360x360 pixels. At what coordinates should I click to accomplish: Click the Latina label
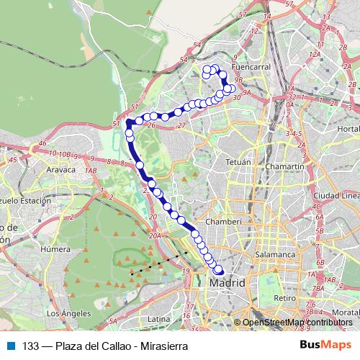point(158,318)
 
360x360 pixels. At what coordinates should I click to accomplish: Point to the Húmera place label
point(55,249)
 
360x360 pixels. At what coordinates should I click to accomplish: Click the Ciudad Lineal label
point(336,195)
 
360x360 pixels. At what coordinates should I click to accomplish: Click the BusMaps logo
point(326,346)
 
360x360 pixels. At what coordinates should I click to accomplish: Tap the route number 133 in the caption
point(31,346)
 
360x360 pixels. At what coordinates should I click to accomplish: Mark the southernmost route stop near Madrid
point(219,271)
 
